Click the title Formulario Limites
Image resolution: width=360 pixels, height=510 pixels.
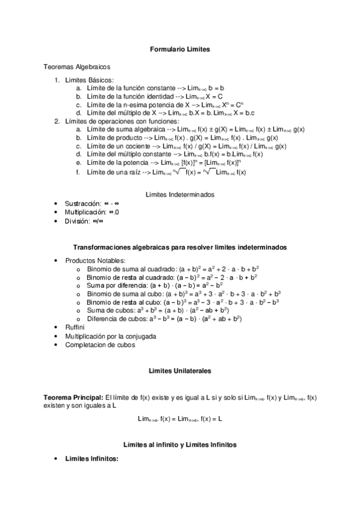click(x=180, y=49)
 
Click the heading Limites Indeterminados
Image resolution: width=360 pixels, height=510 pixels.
click(x=180, y=194)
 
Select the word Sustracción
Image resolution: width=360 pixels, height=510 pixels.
click(x=83, y=204)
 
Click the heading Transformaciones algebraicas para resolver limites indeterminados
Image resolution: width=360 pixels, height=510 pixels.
click(x=180, y=248)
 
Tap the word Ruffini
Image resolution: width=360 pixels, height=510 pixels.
click(x=75, y=328)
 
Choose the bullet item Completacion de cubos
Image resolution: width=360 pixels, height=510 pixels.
click(x=100, y=345)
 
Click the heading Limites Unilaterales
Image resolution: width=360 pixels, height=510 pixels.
click(x=180, y=372)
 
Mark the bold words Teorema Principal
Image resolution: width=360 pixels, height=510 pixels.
click(x=73, y=398)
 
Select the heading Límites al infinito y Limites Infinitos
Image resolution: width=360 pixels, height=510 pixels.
click(x=180, y=444)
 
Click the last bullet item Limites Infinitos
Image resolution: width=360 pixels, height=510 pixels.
click(x=92, y=459)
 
